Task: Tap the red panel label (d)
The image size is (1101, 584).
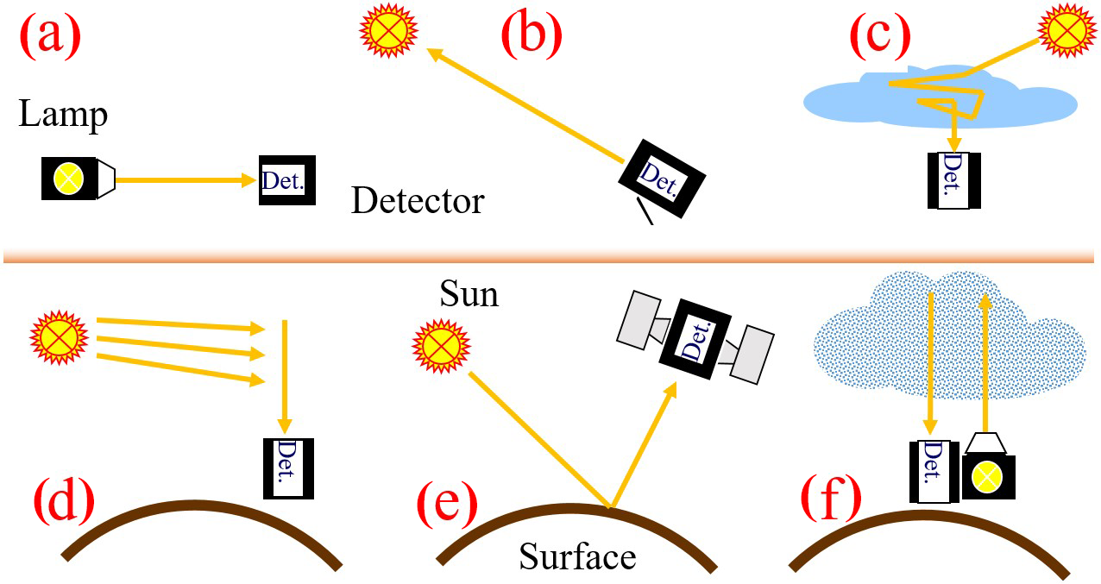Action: click(64, 502)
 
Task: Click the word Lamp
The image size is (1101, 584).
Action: click(63, 114)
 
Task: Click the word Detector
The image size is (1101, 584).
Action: click(418, 201)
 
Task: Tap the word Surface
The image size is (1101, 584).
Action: click(577, 556)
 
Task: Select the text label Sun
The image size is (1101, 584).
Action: click(469, 295)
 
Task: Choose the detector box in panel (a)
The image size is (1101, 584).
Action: click(286, 180)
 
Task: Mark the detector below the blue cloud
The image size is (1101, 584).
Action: click(954, 179)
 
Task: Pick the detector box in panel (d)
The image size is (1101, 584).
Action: click(288, 468)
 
